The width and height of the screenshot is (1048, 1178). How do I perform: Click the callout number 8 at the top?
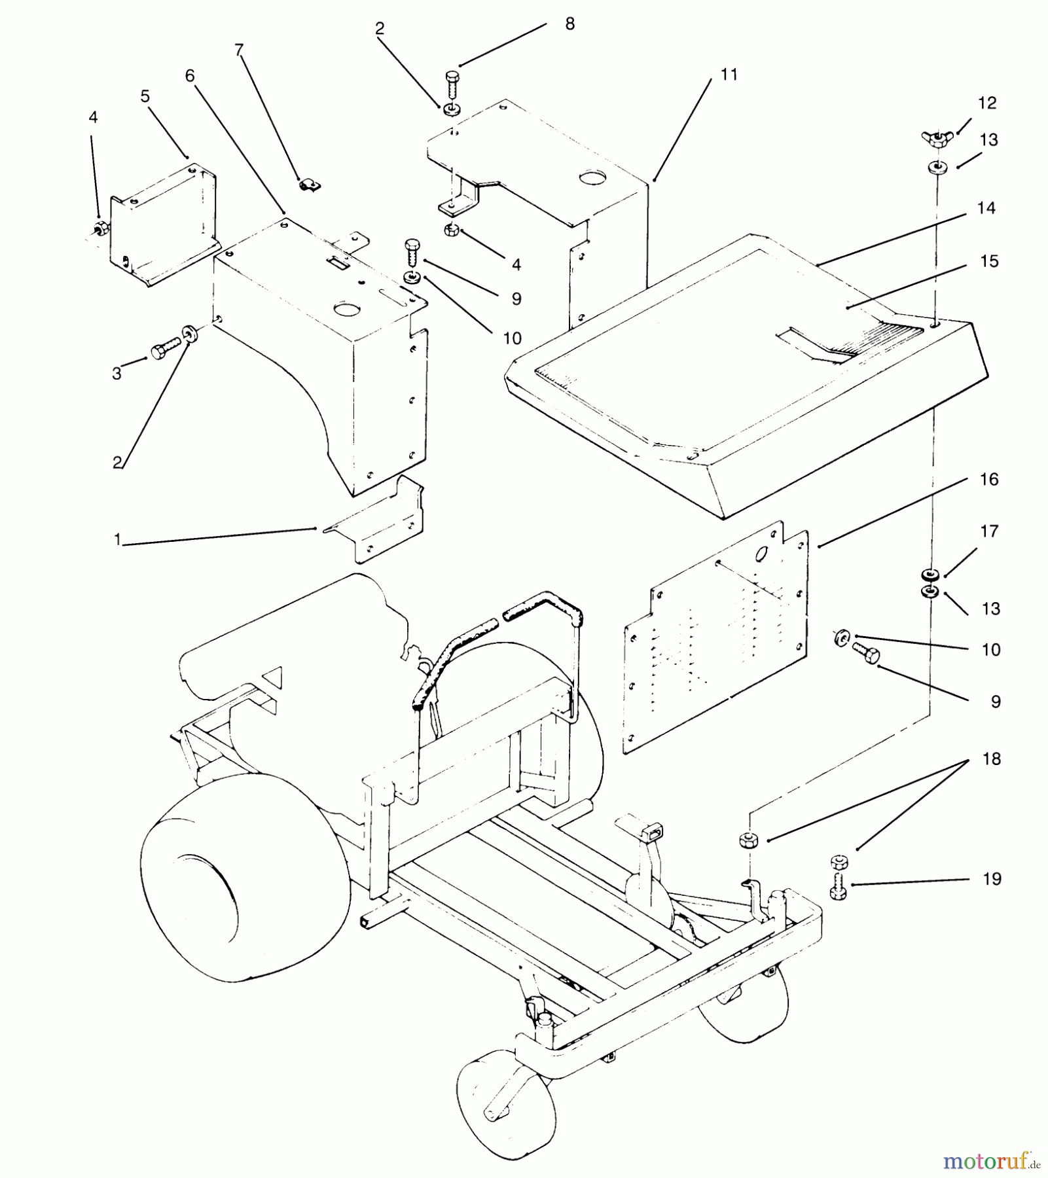pos(569,24)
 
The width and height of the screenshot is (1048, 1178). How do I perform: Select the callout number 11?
pos(729,75)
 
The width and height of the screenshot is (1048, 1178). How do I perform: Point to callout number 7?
pos(239,50)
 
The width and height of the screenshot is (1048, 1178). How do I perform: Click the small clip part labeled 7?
pos(308,185)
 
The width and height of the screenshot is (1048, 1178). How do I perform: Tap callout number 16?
pos(989,479)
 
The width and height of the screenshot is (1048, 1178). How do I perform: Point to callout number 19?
pos(992,878)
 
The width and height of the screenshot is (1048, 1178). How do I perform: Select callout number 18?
pos(992,759)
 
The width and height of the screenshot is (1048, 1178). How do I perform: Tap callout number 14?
pos(986,208)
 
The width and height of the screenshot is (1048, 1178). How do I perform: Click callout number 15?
pos(989,261)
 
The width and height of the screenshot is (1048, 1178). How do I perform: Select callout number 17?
pos(989,531)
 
